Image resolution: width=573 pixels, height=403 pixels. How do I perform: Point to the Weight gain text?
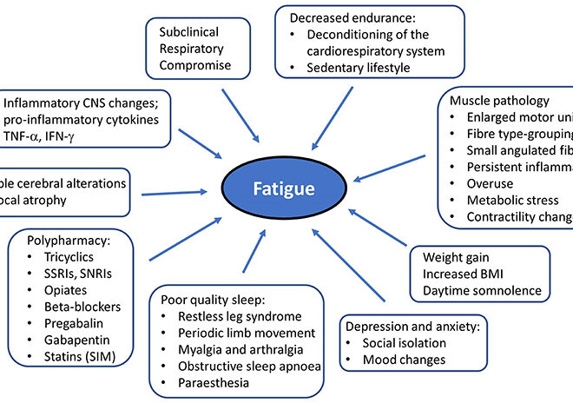457,258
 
